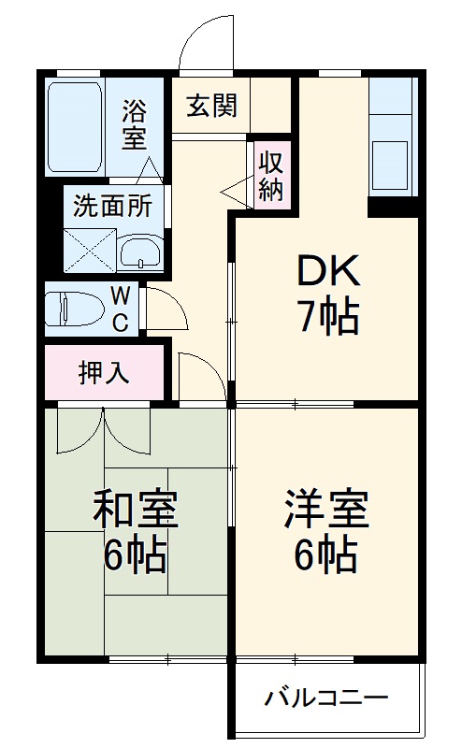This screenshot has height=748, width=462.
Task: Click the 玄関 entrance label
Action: [211, 105]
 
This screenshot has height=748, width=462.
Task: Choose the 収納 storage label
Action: [270, 175]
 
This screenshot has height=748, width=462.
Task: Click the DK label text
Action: [326, 272]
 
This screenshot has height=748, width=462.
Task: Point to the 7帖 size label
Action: [327, 319]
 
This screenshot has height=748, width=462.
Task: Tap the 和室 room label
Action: [135, 510]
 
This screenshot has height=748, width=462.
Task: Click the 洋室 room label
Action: [326, 510]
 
